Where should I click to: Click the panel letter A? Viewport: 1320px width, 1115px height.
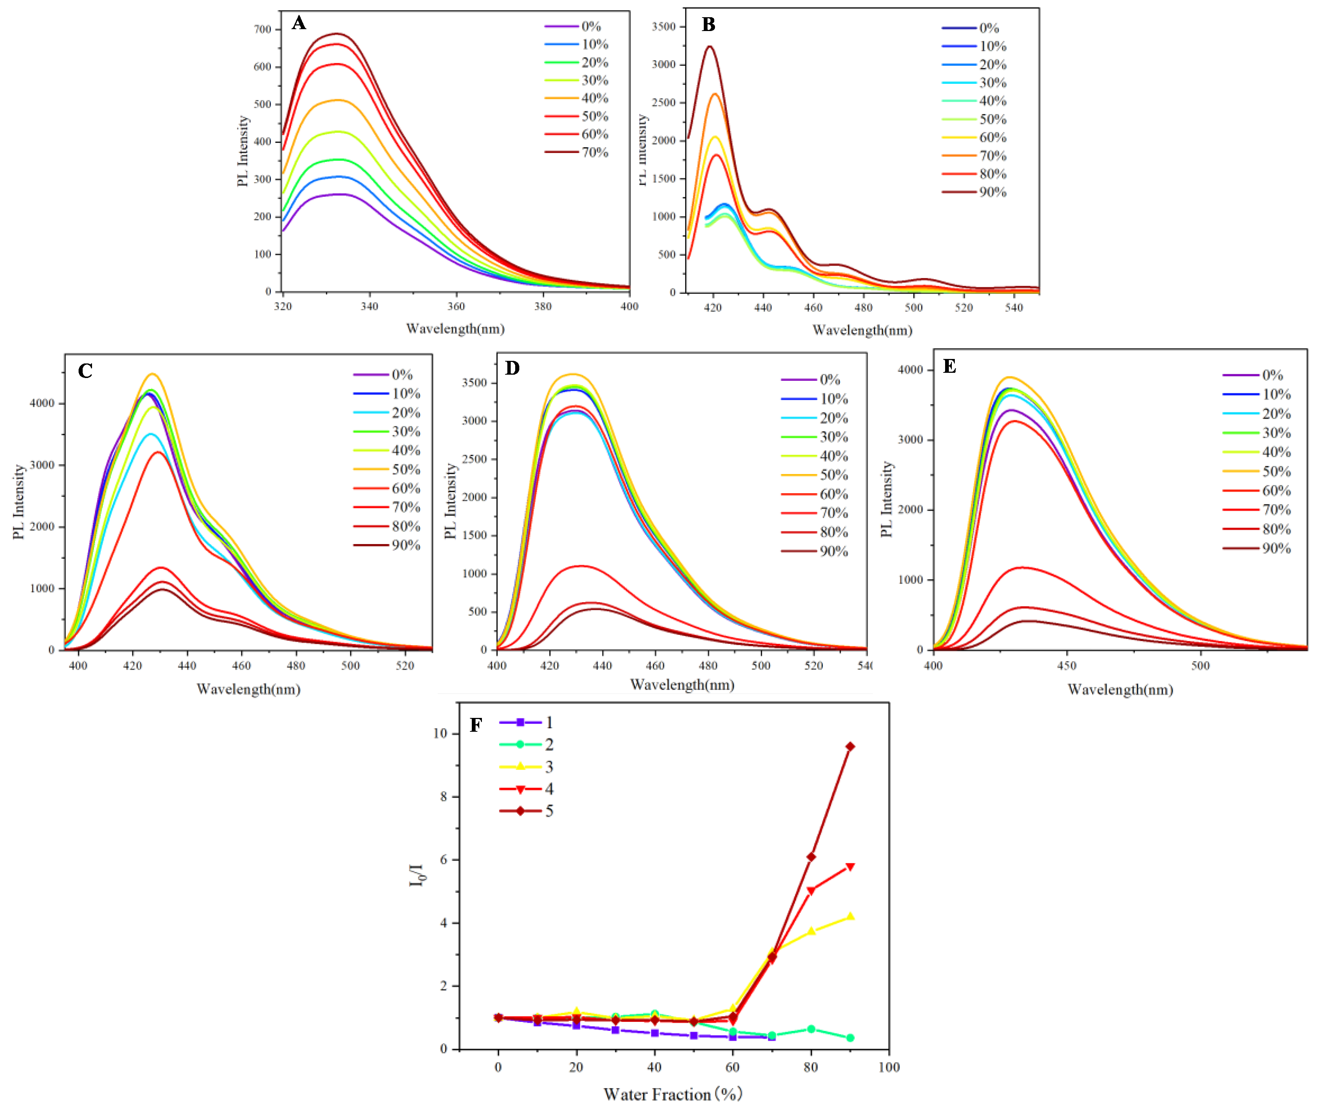(x=299, y=24)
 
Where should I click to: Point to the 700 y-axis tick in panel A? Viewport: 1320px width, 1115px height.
(x=263, y=29)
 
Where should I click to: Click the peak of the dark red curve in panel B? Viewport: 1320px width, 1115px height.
(x=710, y=47)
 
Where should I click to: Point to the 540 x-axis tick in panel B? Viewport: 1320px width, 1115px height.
(x=1013, y=308)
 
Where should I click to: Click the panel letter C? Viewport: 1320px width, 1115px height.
(x=85, y=371)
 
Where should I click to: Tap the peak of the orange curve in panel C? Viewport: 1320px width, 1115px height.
(x=152, y=374)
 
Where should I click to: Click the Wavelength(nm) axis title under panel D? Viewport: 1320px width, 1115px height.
(x=682, y=685)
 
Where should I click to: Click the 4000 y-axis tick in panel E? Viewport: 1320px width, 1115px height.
(x=911, y=370)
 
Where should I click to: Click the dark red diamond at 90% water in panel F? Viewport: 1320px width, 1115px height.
(x=850, y=746)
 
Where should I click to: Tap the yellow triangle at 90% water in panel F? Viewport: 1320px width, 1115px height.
(x=850, y=916)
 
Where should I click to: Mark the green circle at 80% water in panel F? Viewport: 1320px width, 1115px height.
(x=811, y=1029)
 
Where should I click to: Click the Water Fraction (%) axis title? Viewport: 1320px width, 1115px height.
(x=672, y=1094)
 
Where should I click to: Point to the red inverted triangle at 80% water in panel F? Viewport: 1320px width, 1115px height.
(x=811, y=891)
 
